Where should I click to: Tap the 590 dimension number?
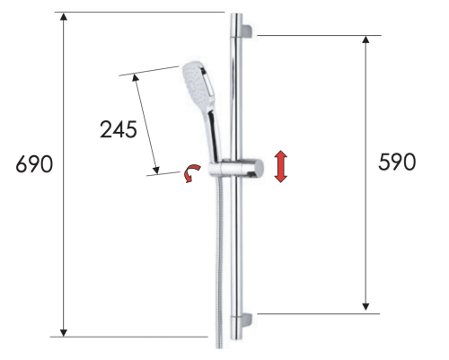pos(395,162)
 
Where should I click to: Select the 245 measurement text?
pos(118,128)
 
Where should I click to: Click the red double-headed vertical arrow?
pos(281,167)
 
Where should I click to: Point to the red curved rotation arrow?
pos(189,174)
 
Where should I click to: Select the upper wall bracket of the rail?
pos(247,32)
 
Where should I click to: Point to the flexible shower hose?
pos(220,260)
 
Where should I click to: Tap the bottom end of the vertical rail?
pos(235,342)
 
